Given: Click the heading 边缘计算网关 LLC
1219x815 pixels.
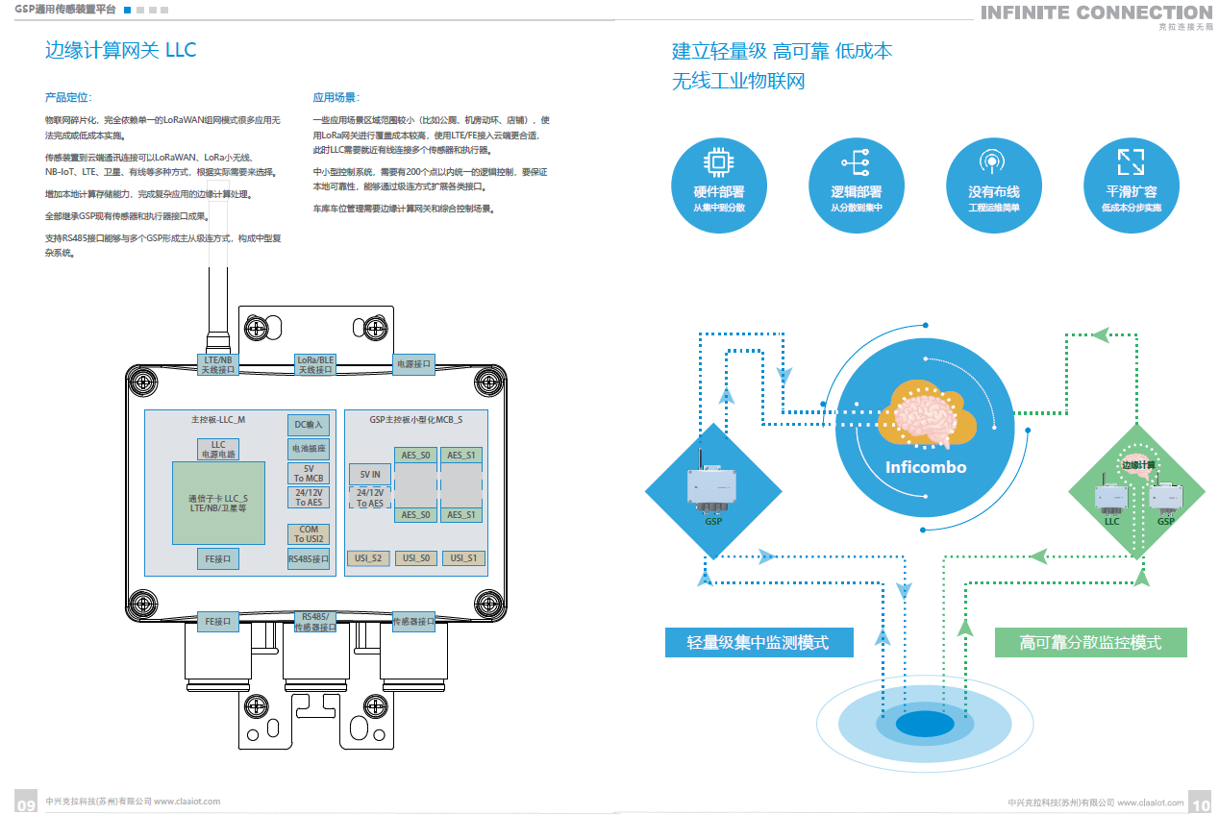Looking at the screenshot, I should point(120,50).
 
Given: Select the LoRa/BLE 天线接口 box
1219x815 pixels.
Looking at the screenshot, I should point(314,363).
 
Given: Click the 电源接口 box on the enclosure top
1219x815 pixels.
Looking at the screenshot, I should point(413,363).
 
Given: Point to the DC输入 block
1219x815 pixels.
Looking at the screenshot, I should point(308,424).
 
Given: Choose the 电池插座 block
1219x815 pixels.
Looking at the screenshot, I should point(308,448).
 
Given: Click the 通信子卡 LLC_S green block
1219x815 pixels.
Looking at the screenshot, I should point(218,503).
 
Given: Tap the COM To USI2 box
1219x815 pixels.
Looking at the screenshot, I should point(308,533).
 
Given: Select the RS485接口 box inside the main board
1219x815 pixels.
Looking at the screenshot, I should point(308,558).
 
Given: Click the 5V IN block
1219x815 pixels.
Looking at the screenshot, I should point(370,475).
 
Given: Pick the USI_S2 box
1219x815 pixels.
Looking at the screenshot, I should point(368,557).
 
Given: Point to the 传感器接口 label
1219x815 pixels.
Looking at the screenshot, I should point(413,622).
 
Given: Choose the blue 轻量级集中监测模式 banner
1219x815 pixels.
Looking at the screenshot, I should point(759,642).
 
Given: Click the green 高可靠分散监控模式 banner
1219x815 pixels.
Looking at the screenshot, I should point(1090,642).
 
